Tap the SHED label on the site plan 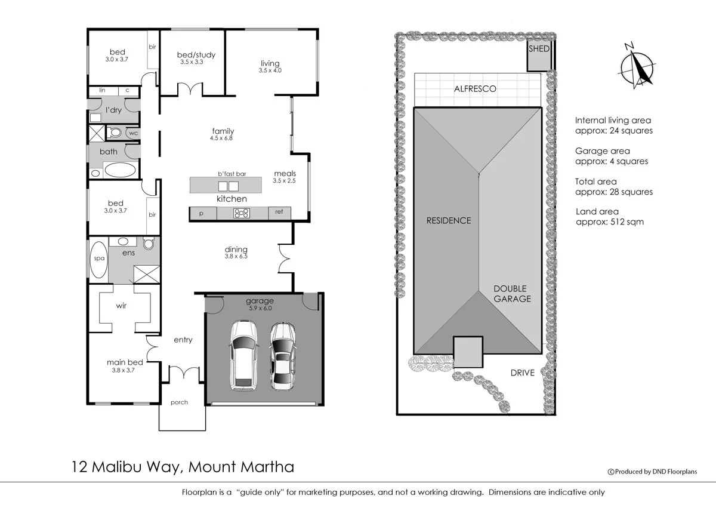coord(538,49)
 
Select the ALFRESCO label coord(475,89)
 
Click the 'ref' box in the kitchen coord(279,212)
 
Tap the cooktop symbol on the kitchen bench coord(242,213)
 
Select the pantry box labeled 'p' coord(202,213)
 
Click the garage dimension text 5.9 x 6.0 coord(259,308)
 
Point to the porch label coord(179,402)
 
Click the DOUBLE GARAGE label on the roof coord(511,294)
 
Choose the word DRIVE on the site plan coord(522,373)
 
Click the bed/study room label coord(196,55)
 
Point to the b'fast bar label coord(232,174)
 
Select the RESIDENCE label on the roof coord(448,220)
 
